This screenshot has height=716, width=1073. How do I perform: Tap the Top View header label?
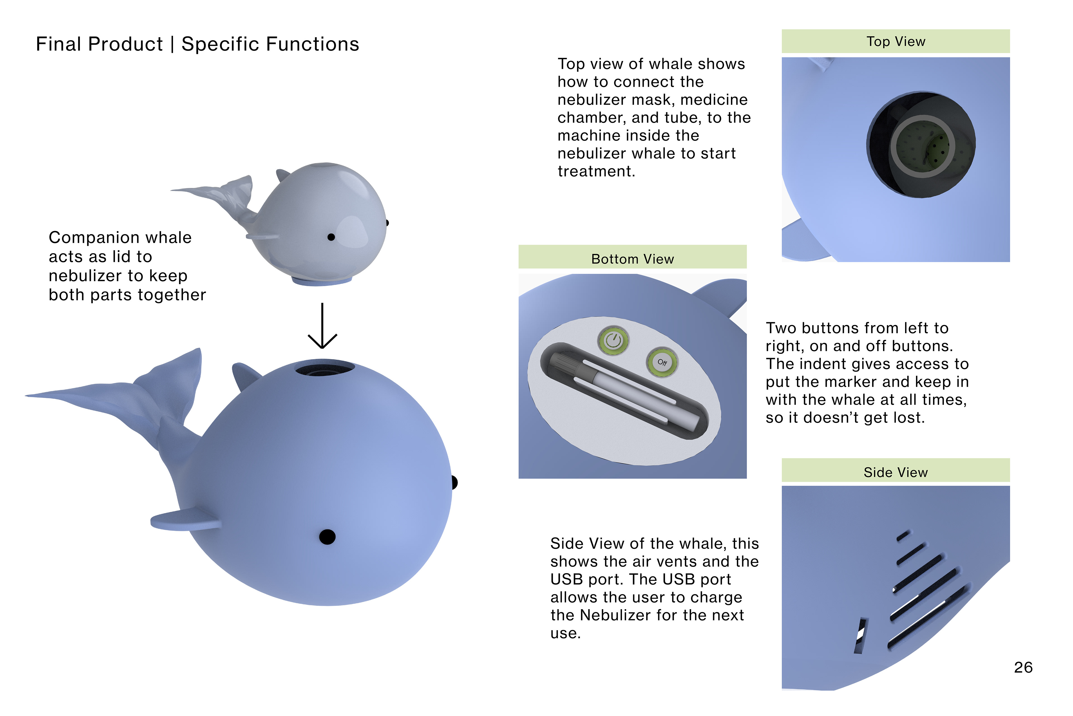pyautogui.click(x=896, y=42)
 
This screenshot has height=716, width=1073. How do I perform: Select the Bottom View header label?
pyautogui.click(x=632, y=259)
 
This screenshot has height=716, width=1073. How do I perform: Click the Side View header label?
pyautogui.click(x=896, y=472)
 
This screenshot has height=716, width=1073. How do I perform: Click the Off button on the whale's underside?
pyautogui.click(x=662, y=362)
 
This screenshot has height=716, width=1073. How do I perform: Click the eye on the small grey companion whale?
pyautogui.click(x=331, y=237)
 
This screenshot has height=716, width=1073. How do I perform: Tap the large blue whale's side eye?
pyautogui.click(x=327, y=536)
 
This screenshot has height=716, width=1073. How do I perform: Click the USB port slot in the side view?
pyautogui.click(x=861, y=636)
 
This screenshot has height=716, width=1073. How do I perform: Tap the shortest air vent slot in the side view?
pyautogui.click(x=903, y=535)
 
